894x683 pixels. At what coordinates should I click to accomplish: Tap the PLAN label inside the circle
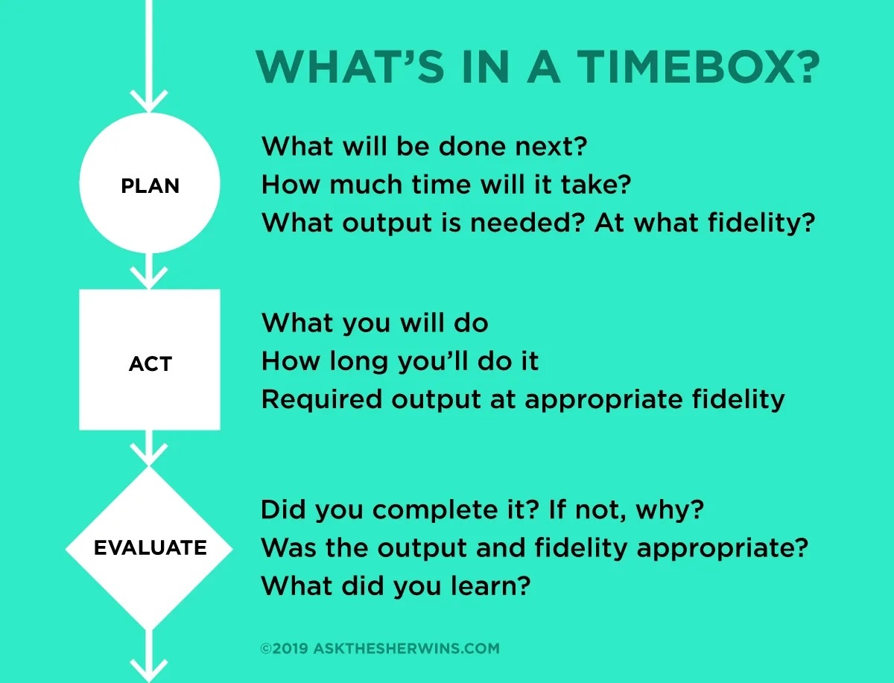[x=150, y=185]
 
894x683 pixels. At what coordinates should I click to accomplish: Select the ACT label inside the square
[x=150, y=363]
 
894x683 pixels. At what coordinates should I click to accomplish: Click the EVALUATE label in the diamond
[x=150, y=548]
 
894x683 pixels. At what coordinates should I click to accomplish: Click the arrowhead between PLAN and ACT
[x=150, y=277]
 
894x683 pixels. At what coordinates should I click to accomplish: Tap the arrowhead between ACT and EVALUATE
[x=150, y=453]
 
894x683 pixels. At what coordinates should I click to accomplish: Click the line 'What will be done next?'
[x=425, y=146]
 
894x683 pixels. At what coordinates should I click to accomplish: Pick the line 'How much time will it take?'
[x=446, y=184]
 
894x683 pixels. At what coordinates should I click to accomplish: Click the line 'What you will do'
[x=375, y=323]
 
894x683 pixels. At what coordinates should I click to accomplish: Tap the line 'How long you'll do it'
[x=400, y=361]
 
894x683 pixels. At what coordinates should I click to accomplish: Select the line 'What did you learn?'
[x=395, y=585]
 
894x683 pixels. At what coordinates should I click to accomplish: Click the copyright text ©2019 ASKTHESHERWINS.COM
[x=380, y=648]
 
